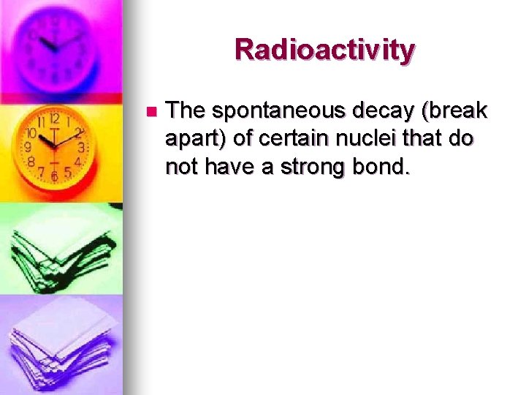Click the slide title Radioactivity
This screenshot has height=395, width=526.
[x=324, y=50]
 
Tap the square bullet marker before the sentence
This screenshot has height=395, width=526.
[x=151, y=112]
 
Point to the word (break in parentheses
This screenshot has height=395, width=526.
[x=453, y=111]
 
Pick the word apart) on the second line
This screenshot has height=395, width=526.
[x=197, y=139]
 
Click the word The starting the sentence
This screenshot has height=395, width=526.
[x=186, y=111]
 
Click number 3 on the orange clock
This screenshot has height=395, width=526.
[x=81, y=147]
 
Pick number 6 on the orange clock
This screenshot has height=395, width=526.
[x=55, y=176]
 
